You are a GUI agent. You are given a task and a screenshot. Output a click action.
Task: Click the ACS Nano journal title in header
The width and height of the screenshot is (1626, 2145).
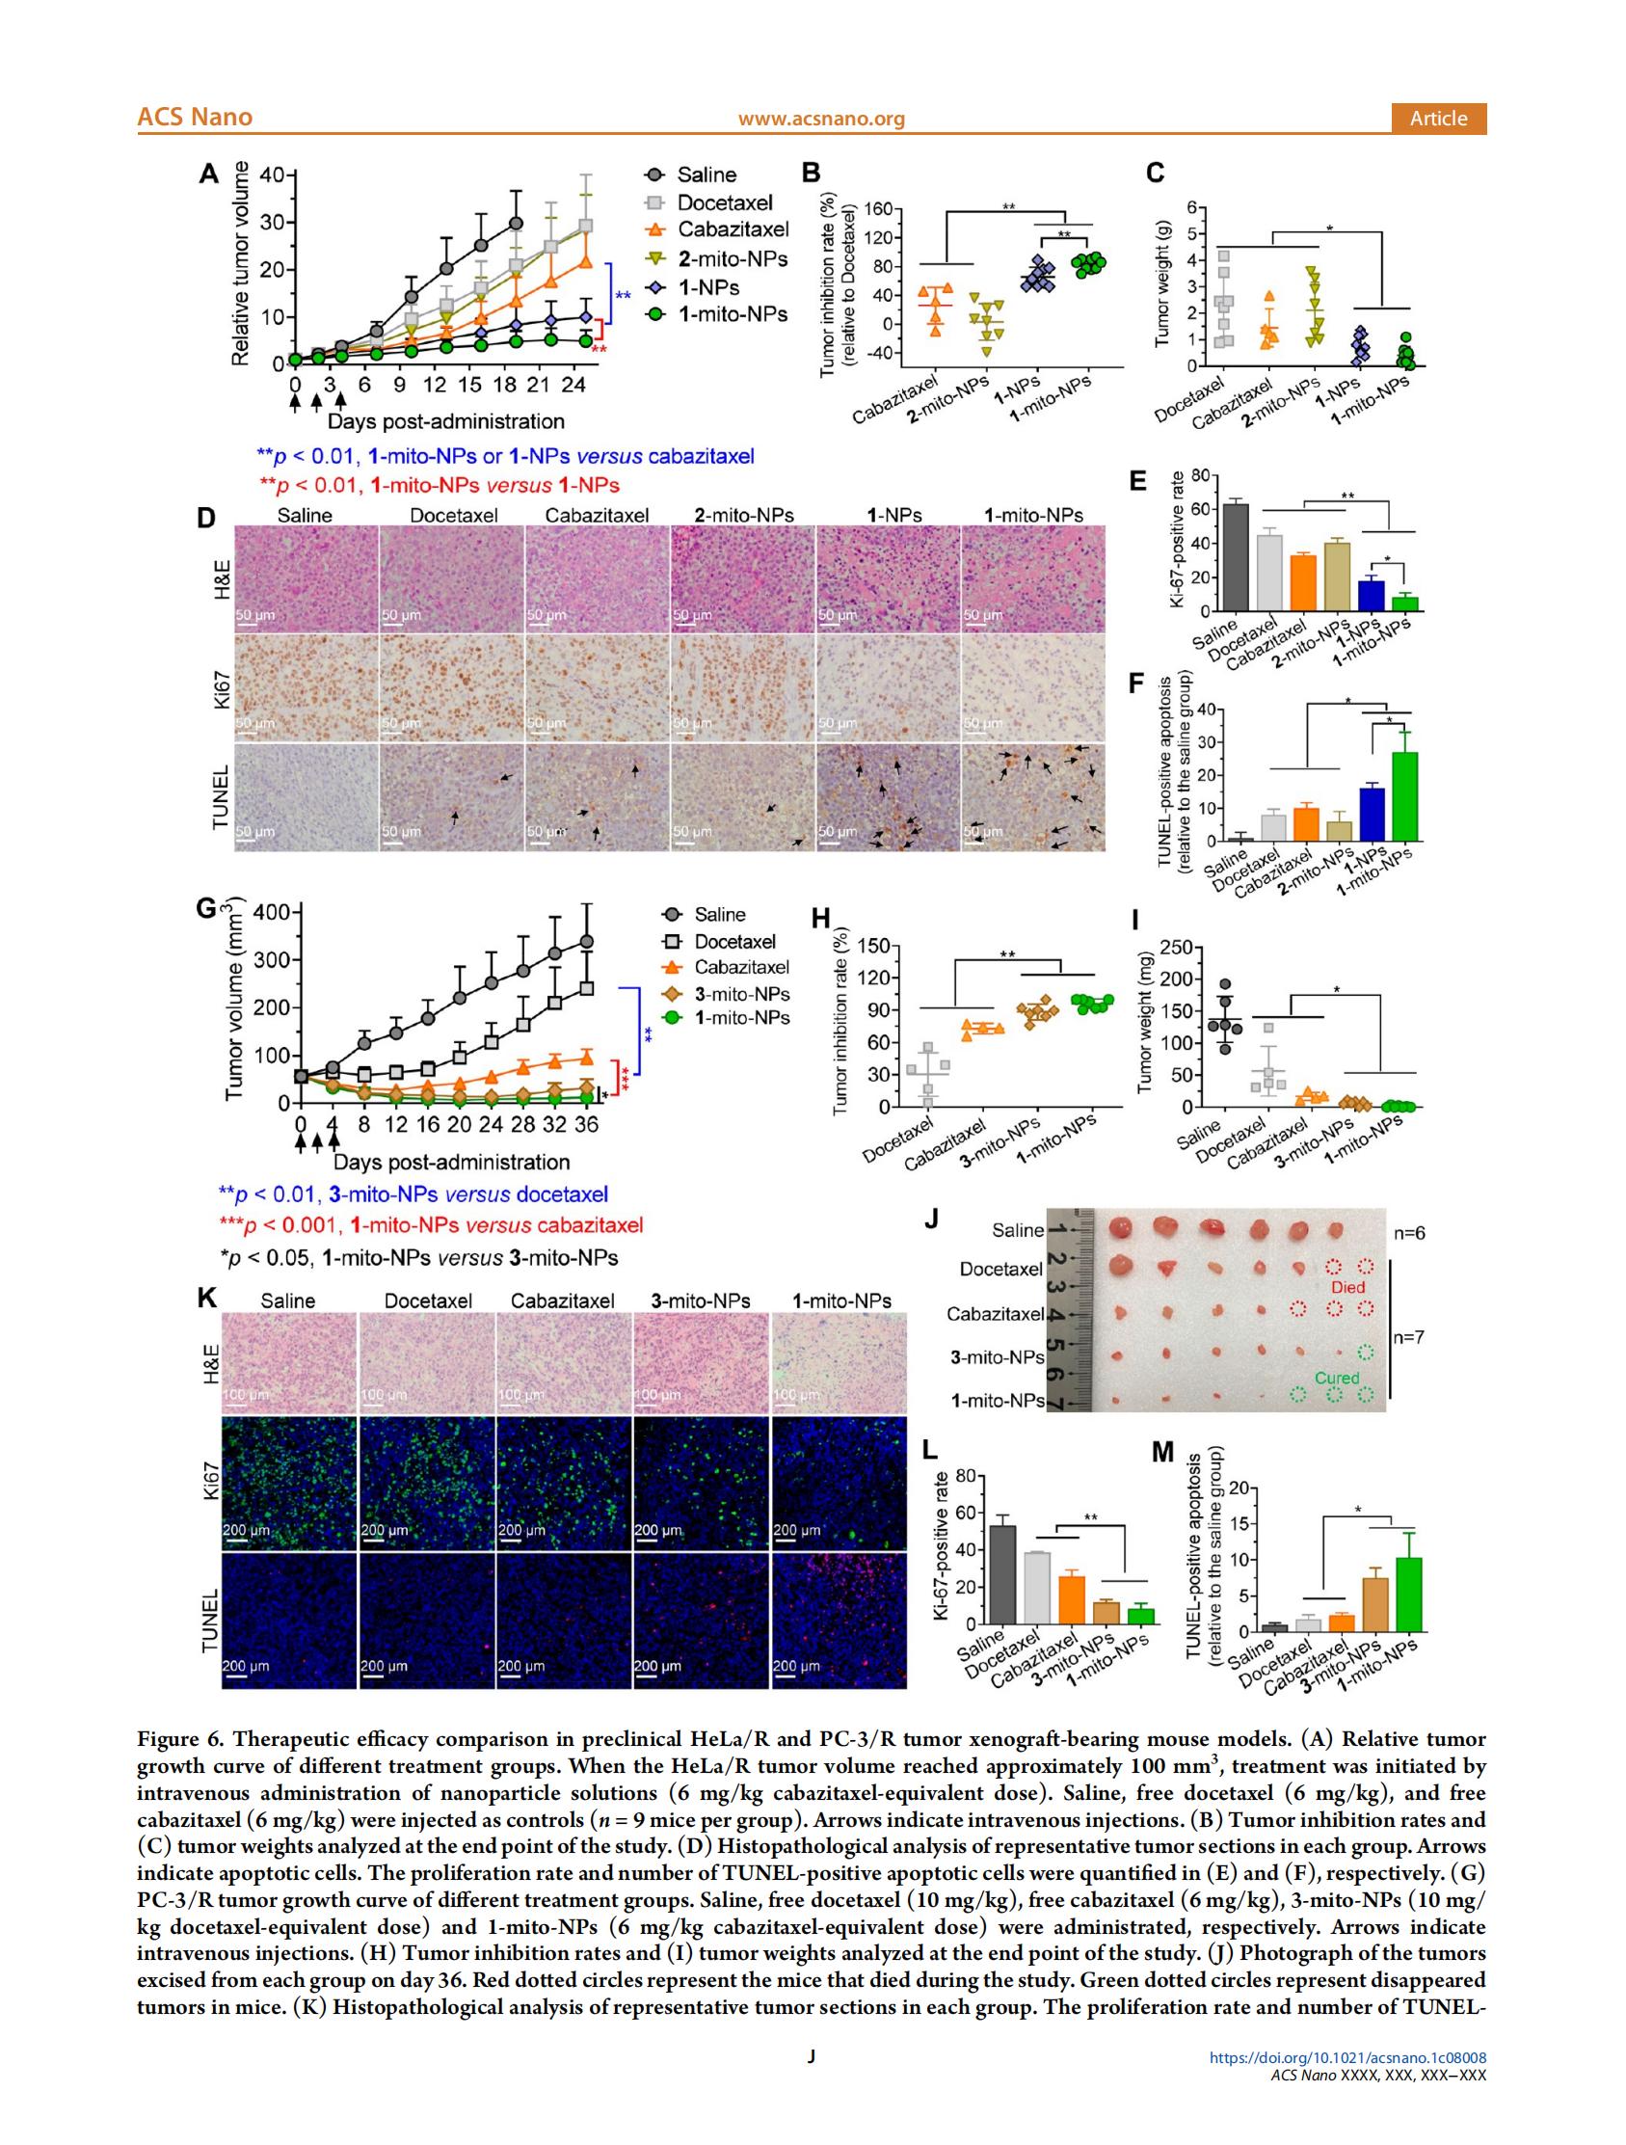(194, 118)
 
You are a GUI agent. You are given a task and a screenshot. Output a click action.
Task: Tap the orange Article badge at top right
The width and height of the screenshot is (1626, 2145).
(1438, 119)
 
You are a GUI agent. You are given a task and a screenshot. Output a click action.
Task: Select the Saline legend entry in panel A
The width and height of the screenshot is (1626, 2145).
(705, 175)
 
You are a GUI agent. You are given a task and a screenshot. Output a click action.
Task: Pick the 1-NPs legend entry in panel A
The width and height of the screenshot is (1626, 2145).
(706, 288)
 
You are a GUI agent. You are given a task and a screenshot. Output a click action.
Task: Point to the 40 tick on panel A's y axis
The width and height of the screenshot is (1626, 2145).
(271, 175)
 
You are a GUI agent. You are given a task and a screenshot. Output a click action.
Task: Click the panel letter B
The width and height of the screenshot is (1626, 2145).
(812, 174)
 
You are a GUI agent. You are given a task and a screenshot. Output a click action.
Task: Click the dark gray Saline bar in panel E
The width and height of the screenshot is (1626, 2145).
(1236, 557)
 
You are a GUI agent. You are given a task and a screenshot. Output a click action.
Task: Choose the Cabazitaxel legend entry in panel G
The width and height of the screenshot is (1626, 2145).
(741, 967)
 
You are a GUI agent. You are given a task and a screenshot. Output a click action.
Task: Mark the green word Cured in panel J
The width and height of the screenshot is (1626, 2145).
(1336, 1378)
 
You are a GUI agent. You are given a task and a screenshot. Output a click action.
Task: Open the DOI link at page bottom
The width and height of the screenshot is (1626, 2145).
(1347, 2085)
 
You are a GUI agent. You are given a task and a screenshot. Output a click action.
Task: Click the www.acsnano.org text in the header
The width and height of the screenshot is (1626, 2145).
(820, 119)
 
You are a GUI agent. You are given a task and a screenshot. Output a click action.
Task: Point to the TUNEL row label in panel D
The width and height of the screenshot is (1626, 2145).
(220, 797)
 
